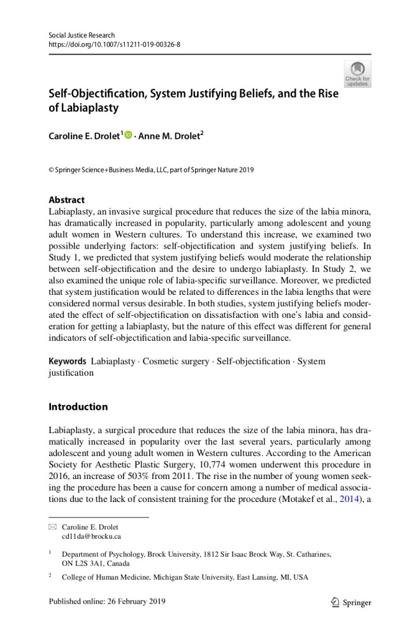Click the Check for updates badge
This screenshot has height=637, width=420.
(357, 73)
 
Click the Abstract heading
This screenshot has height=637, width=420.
(66, 200)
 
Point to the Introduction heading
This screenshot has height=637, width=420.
(78, 407)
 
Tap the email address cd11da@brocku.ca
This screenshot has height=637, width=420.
(91, 536)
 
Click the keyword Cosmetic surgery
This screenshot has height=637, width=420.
(176, 361)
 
